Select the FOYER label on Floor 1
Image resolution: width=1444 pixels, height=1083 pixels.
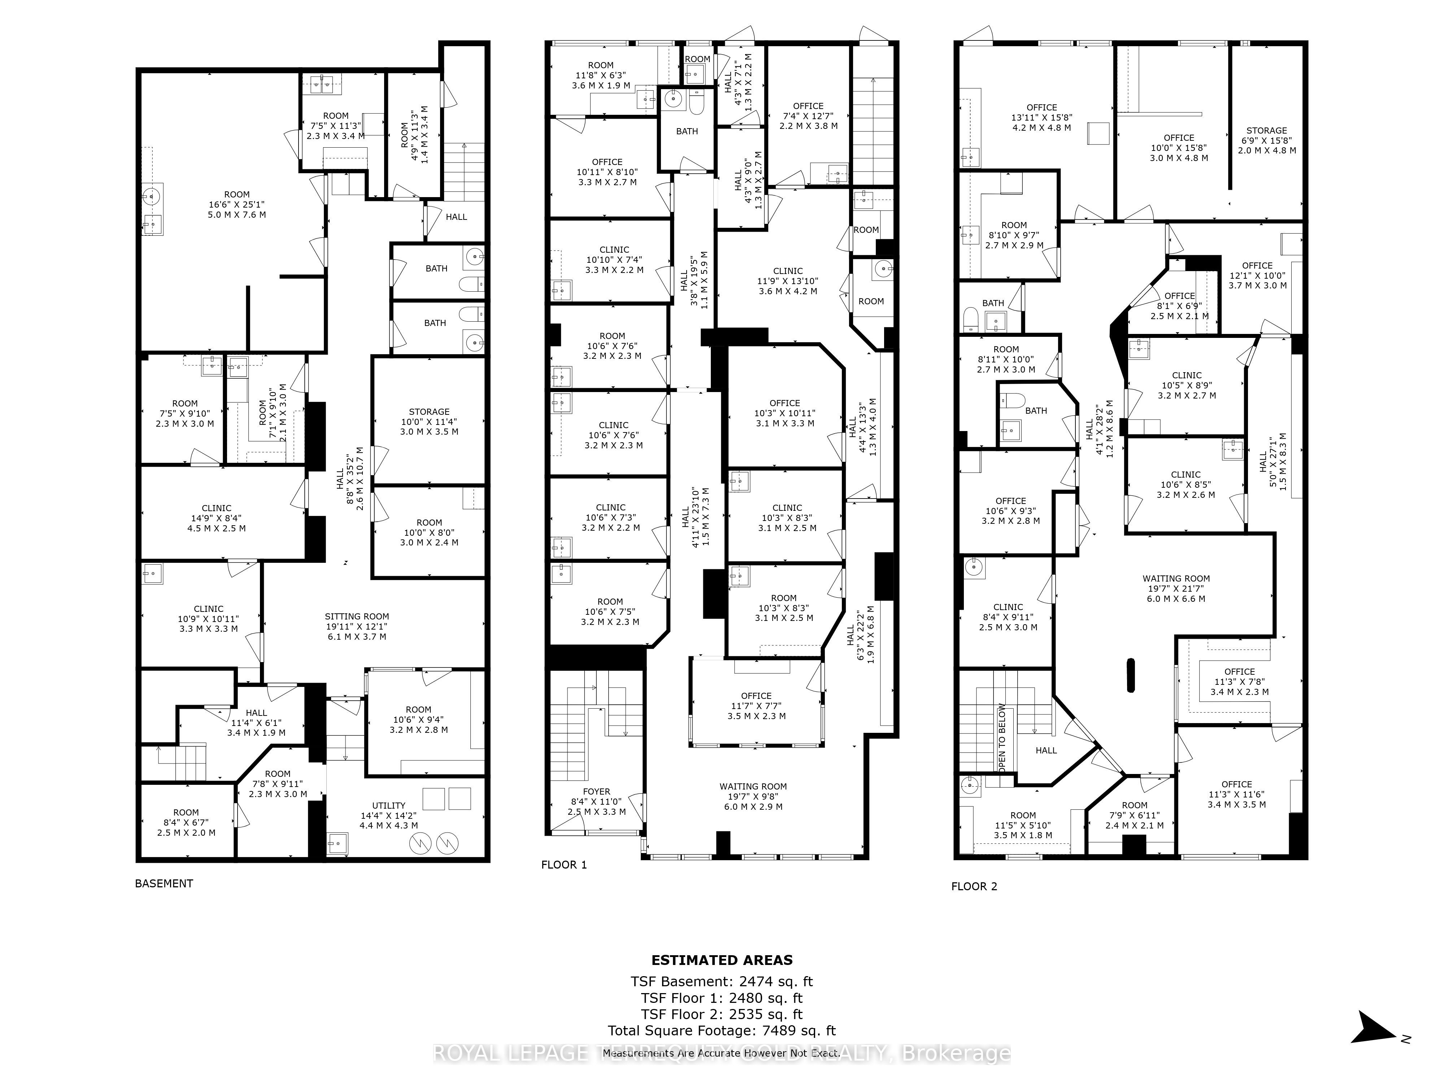(x=596, y=791)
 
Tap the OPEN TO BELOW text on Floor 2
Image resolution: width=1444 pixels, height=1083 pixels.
(x=1001, y=738)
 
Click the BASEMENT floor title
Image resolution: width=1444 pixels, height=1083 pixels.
(x=164, y=883)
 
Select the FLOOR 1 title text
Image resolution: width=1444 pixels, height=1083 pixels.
(x=564, y=865)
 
